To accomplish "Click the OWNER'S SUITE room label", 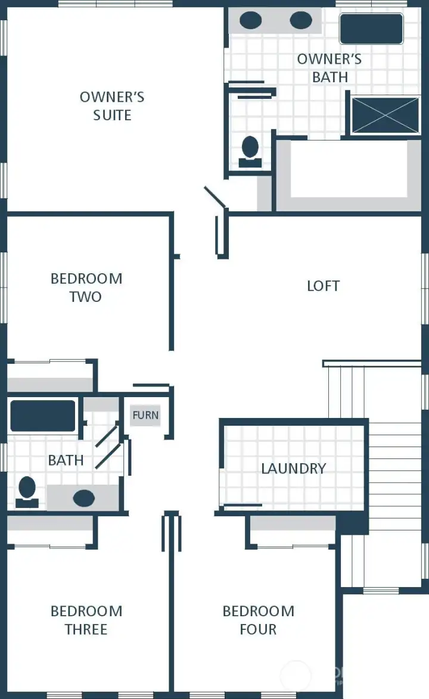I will click(112, 106).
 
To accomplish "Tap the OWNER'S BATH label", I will click(329, 68).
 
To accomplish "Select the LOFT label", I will click(323, 286).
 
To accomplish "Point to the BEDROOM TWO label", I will click(86, 288).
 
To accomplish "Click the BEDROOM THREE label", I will click(86, 620).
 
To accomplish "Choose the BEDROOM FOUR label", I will click(258, 620).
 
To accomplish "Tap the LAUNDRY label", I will click(293, 469).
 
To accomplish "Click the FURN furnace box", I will click(145, 415).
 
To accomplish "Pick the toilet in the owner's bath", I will click(250, 151).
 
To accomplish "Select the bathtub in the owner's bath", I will click(371, 29).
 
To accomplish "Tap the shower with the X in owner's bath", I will click(385, 115).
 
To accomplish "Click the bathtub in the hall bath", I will click(42, 416).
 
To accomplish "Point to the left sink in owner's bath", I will click(250, 21).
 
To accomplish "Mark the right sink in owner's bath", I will click(301, 21).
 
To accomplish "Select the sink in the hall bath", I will click(83, 497).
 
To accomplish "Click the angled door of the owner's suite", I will click(214, 198).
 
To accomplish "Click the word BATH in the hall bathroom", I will click(66, 460).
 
